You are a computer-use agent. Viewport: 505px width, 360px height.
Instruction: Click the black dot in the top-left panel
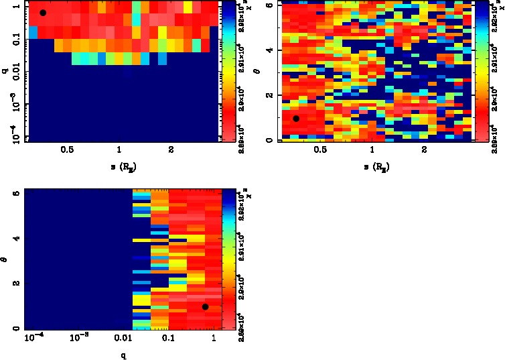pyautogui.click(x=43, y=13)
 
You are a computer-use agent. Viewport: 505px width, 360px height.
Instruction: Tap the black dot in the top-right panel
pyautogui.click(x=296, y=119)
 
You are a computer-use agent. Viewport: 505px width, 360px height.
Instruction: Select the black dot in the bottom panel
pyautogui.click(x=205, y=307)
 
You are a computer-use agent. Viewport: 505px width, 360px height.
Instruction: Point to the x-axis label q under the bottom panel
pyautogui.click(x=124, y=355)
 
